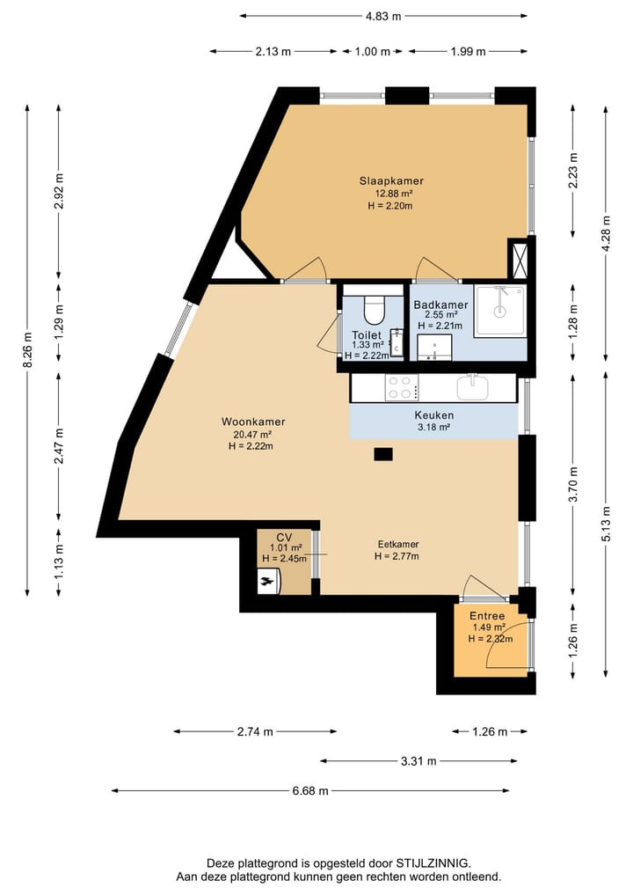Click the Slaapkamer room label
(x=391, y=181)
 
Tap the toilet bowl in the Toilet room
(x=375, y=310)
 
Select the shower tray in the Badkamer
(x=500, y=311)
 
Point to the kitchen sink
(x=473, y=387)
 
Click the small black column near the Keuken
(x=383, y=454)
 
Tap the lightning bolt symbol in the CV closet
(x=266, y=582)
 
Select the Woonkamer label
(x=253, y=422)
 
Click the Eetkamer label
(x=398, y=544)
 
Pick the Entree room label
(x=487, y=616)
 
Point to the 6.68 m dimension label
(x=310, y=790)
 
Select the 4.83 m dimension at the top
(x=383, y=16)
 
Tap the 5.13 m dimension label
(x=606, y=524)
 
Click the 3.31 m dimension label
(x=418, y=761)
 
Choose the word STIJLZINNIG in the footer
(x=433, y=863)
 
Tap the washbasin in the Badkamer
(x=434, y=347)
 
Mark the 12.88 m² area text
(x=391, y=194)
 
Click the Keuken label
(x=434, y=415)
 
